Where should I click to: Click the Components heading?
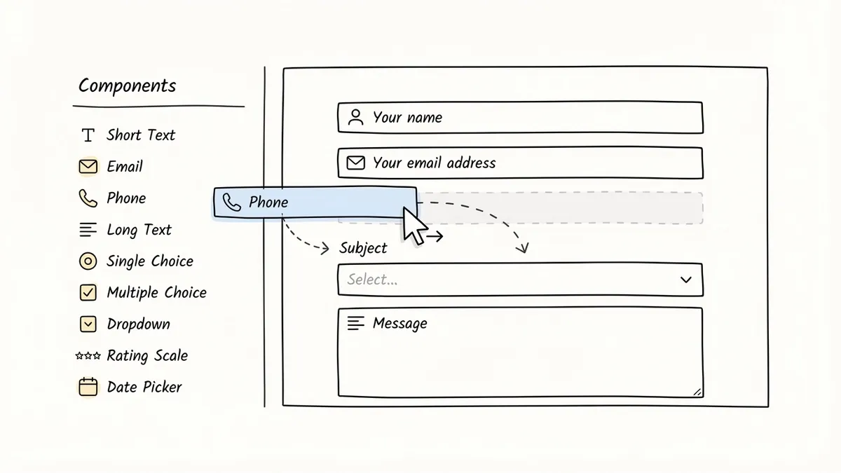127,86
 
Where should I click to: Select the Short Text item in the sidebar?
140,135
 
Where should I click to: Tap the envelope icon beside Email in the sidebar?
88,167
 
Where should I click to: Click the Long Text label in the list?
139,230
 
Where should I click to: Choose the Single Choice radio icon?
88,261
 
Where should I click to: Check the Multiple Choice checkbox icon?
88,293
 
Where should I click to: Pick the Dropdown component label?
138,324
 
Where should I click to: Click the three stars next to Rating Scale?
88,356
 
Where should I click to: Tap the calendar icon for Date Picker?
88,387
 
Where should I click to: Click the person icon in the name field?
356,117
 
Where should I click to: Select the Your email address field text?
434,163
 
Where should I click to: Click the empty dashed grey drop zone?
561,208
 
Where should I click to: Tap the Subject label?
363,248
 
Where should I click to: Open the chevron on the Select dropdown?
686,280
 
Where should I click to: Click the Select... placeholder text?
372,280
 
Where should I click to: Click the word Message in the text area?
399,324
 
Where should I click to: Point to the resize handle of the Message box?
697,392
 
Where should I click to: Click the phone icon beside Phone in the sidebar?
88,198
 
